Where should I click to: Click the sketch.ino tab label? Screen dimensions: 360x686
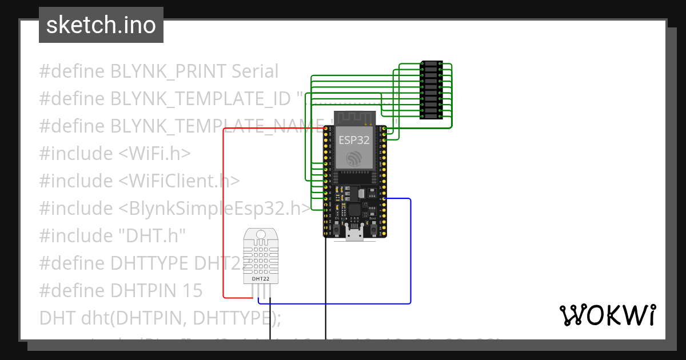[x=101, y=25]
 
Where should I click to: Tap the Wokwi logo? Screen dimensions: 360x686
[x=607, y=315]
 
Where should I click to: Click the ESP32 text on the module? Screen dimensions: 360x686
[x=354, y=140]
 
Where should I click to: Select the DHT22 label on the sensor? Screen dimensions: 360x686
[x=261, y=279]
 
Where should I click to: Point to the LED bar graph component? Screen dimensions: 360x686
[x=430, y=90]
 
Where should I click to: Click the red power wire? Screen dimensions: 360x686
[x=223, y=217]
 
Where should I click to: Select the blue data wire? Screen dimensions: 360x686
[x=410, y=251]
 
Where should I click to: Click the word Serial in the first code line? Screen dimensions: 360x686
[x=255, y=71]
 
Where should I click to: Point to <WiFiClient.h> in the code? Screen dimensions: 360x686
[x=180, y=181]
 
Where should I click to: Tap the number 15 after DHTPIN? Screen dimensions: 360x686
[x=191, y=291]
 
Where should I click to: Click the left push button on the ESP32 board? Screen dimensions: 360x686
[x=337, y=230]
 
